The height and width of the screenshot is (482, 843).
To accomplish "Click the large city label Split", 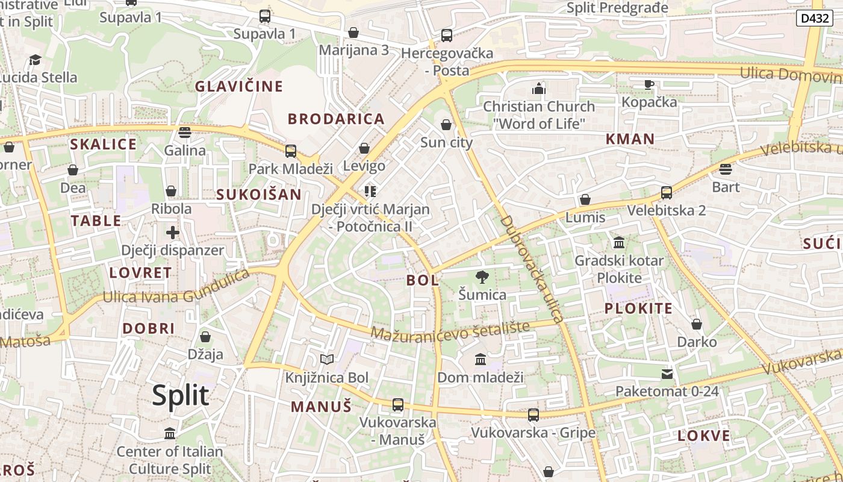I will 180,396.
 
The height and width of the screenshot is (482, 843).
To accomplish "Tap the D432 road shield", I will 815,18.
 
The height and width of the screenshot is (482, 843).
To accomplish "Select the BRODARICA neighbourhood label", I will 336,119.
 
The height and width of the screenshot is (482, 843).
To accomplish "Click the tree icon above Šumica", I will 482,277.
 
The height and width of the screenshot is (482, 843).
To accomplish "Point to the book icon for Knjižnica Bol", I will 327,360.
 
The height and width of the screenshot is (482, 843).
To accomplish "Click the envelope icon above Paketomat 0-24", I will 667,374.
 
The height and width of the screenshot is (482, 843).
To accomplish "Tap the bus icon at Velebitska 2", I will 666,193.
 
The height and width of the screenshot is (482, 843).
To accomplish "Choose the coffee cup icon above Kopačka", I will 649,84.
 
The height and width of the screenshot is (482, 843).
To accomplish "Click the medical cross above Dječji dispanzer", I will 173,232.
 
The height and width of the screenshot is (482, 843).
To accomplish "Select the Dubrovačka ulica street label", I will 531,269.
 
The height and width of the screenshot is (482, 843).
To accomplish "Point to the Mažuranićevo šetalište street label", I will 450,330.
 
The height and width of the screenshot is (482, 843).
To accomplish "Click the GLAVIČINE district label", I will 238,86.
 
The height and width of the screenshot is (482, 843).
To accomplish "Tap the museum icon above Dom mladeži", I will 481,360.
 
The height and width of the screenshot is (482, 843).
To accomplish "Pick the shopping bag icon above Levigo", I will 364,148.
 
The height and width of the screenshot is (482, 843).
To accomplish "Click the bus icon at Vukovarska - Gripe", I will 533,415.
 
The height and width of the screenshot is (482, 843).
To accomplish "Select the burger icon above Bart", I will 726,169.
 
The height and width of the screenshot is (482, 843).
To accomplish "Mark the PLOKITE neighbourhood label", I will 638,308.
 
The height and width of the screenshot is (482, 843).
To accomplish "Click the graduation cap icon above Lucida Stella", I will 36,60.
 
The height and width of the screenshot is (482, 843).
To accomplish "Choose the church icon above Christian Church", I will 539,89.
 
